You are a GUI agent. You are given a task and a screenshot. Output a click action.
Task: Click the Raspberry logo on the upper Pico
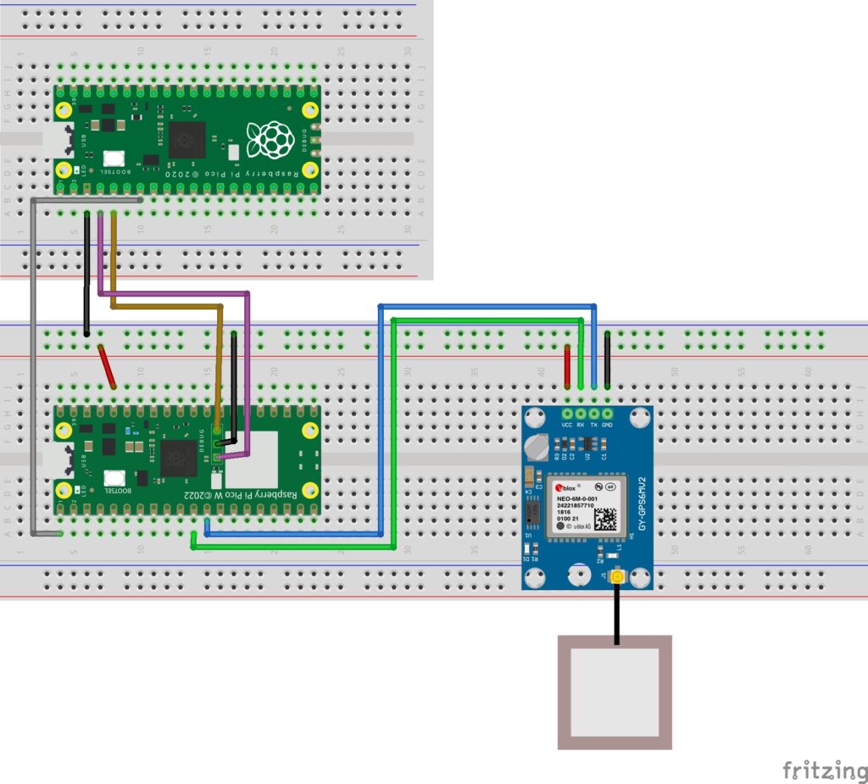pos(270,139)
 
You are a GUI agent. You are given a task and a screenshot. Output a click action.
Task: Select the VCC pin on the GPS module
pos(566,413)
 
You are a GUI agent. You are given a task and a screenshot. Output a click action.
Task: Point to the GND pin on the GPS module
pos(607,413)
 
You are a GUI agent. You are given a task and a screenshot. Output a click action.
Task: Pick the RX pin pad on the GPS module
pos(580,413)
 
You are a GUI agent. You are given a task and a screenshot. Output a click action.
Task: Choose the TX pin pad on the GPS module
pos(593,413)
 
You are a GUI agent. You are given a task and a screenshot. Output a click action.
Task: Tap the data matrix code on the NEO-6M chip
pos(605,519)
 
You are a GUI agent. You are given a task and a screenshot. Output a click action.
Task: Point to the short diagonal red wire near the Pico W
pos(107,366)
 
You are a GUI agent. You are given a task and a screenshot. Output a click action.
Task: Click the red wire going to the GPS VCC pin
pos(567,366)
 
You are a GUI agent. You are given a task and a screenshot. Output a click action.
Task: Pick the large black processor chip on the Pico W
pos(179,459)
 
